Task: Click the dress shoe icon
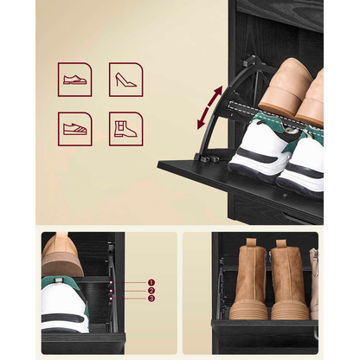(75, 80)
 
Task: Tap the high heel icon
(125, 80)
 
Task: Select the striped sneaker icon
(75, 128)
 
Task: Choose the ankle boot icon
(125, 128)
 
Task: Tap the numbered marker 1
(151, 282)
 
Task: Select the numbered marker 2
(151, 291)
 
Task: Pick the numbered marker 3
(151, 299)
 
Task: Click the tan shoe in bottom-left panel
(61, 256)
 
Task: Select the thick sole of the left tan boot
(250, 310)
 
